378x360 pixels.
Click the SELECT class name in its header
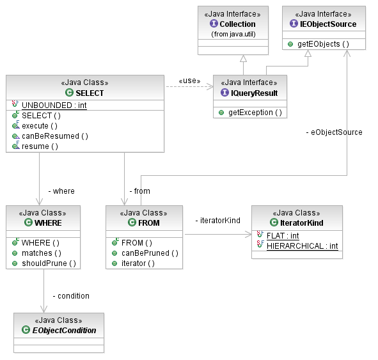coord(90,93)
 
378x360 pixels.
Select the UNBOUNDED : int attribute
coord(54,106)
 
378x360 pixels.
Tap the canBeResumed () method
coord(55,136)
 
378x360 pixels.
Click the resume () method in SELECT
coord(40,146)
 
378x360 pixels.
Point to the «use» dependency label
coord(189,81)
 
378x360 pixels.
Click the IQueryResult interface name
coord(254,93)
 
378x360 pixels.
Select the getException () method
coord(255,113)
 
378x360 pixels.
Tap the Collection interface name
coord(237,24)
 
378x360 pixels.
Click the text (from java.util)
coord(233,35)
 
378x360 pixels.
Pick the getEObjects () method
coord(323,44)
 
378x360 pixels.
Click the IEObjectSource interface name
coord(328,24)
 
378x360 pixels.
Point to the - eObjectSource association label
coord(334,132)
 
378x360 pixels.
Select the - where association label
coord(61,191)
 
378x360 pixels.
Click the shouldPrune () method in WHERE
coord(49,263)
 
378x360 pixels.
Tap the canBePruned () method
coord(150,253)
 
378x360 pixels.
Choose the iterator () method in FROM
coord(138,263)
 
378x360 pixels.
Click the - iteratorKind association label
coord(217,221)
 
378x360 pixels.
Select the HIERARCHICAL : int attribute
coord(303,246)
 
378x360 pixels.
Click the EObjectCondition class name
coord(64,330)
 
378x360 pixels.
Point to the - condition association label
coord(71,296)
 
